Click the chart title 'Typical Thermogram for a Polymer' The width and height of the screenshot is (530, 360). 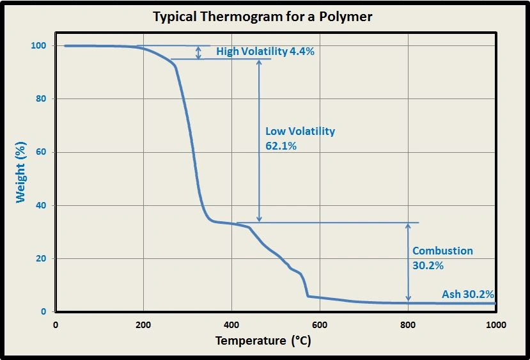[x=262, y=16]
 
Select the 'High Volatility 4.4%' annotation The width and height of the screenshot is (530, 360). [x=265, y=52]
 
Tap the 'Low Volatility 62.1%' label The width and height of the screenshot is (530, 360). [x=300, y=138]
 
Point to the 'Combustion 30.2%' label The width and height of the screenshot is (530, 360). [x=442, y=258]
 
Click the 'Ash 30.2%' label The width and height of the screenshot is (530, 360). [x=468, y=295]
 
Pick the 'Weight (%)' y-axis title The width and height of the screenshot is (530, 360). [x=21, y=174]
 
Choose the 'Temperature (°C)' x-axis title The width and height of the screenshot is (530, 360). [x=263, y=340]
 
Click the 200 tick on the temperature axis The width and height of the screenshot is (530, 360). [x=143, y=324]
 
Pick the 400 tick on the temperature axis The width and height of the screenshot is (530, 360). [x=231, y=324]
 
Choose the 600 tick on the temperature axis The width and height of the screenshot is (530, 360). [x=320, y=324]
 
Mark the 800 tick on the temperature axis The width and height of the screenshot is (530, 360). [x=408, y=324]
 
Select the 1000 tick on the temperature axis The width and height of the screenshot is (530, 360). [x=496, y=324]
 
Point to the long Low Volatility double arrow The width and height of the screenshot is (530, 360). [x=259, y=141]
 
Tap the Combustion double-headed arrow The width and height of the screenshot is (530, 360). [x=408, y=262]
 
